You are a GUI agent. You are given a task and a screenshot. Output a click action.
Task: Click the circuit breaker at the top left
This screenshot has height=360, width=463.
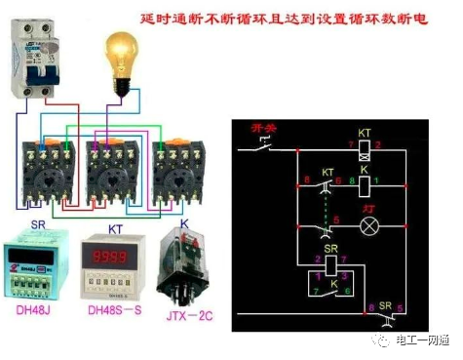[33, 60]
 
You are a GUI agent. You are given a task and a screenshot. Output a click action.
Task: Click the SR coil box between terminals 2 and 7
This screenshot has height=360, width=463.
[330, 260]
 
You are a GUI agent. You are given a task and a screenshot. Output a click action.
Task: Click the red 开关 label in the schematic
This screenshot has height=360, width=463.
[265, 128]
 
